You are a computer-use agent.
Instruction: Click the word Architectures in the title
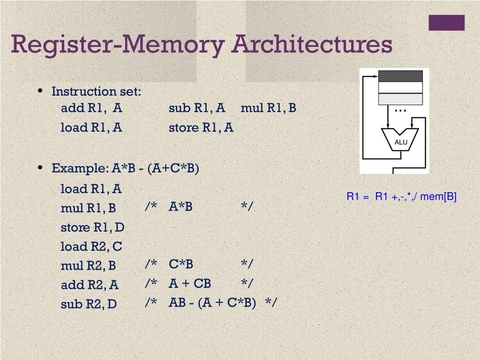coord(312,45)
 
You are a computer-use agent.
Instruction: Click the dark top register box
coord(400,76)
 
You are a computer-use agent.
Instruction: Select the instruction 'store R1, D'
coord(92,227)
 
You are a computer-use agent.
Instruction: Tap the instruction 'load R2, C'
coord(91,247)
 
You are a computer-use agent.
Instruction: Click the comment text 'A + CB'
coord(190,284)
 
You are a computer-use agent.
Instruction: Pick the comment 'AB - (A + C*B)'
coord(212,303)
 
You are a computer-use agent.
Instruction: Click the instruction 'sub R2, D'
coord(89,304)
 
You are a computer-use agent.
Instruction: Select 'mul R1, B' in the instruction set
coord(268,108)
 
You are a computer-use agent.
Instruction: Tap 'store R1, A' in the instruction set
coord(201,127)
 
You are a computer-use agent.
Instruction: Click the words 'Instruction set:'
coord(96,91)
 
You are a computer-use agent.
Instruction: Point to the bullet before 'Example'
coord(41,168)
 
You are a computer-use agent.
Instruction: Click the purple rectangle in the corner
coord(446,22)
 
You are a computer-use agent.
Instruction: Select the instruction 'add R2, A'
coord(90,285)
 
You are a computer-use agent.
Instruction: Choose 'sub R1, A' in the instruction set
coord(197,108)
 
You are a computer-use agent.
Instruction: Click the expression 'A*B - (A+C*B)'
coord(155,168)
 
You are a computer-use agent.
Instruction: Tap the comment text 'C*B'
coord(181,264)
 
